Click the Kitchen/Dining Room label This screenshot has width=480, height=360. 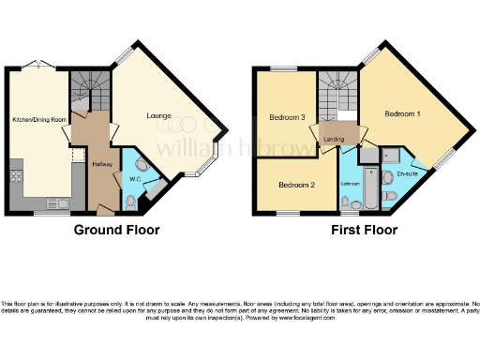[x=39, y=120]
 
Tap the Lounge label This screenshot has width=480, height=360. [x=158, y=116]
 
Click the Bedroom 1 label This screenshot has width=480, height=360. [x=402, y=113]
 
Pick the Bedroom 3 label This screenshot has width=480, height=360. [x=287, y=118]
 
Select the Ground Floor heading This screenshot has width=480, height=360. [x=117, y=230]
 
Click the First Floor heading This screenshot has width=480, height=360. [x=364, y=230]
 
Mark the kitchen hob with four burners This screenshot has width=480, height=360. [x=15, y=175]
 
